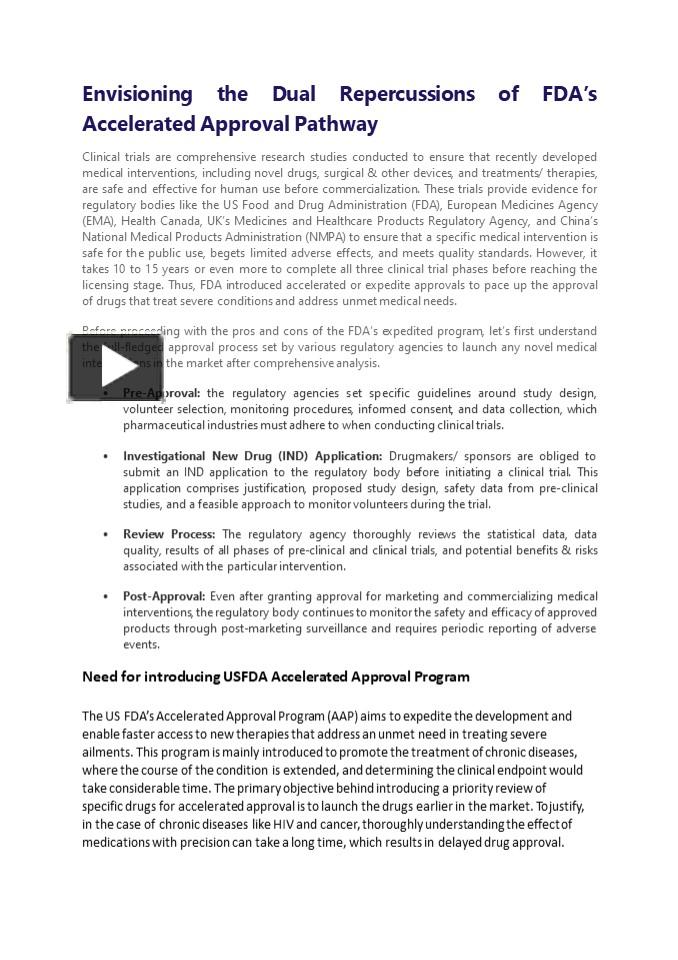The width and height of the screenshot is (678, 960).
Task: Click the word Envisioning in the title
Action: [x=137, y=94]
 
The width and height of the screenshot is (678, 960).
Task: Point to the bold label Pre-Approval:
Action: [x=161, y=393]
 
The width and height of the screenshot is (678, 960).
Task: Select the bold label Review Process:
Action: [x=169, y=534]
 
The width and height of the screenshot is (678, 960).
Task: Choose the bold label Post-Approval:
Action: [x=164, y=596]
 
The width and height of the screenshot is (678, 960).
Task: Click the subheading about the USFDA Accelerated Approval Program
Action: [x=275, y=677]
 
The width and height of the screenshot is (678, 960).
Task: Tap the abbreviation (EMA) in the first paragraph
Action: [x=99, y=221]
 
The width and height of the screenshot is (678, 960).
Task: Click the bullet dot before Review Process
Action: [x=106, y=534]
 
